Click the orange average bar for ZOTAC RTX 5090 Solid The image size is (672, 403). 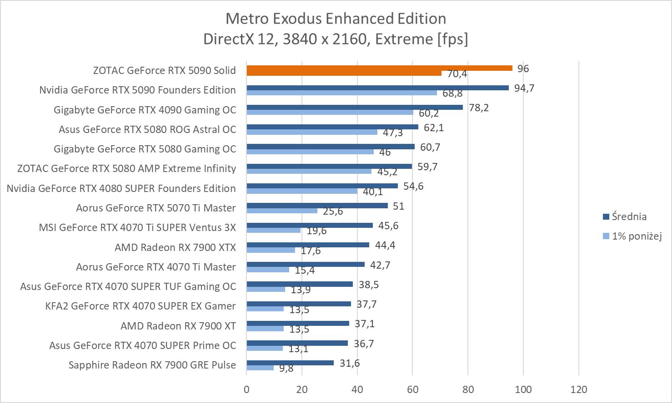tap(379, 68)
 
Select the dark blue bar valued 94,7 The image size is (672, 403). tap(377, 88)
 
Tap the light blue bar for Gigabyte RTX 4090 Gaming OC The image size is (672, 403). tap(330, 113)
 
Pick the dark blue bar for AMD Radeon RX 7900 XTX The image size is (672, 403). tap(308, 245)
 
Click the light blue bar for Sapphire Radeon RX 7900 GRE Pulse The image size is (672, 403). tap(260, 368)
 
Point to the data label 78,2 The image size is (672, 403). tap(479, 108)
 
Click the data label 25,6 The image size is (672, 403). tap(333, 211)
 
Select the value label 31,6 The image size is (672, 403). tap(350, 363)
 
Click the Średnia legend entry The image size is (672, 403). tap(629, 216)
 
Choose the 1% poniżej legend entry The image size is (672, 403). tap(636, 236)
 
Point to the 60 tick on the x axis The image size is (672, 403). tap(412, 389)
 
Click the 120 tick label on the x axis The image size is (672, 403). tap(578, 389)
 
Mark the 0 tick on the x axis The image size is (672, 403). tap(246, 389)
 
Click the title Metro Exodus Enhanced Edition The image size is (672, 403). tap(336, 19)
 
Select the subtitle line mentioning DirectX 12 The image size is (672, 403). tap(336, 39)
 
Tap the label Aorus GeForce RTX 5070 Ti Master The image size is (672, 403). tap(156, 208)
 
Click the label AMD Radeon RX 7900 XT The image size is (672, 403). tap(178, 326)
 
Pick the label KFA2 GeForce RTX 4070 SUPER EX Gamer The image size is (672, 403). tap(140, 306)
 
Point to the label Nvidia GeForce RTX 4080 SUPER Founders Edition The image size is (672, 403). tap(121, 188)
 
